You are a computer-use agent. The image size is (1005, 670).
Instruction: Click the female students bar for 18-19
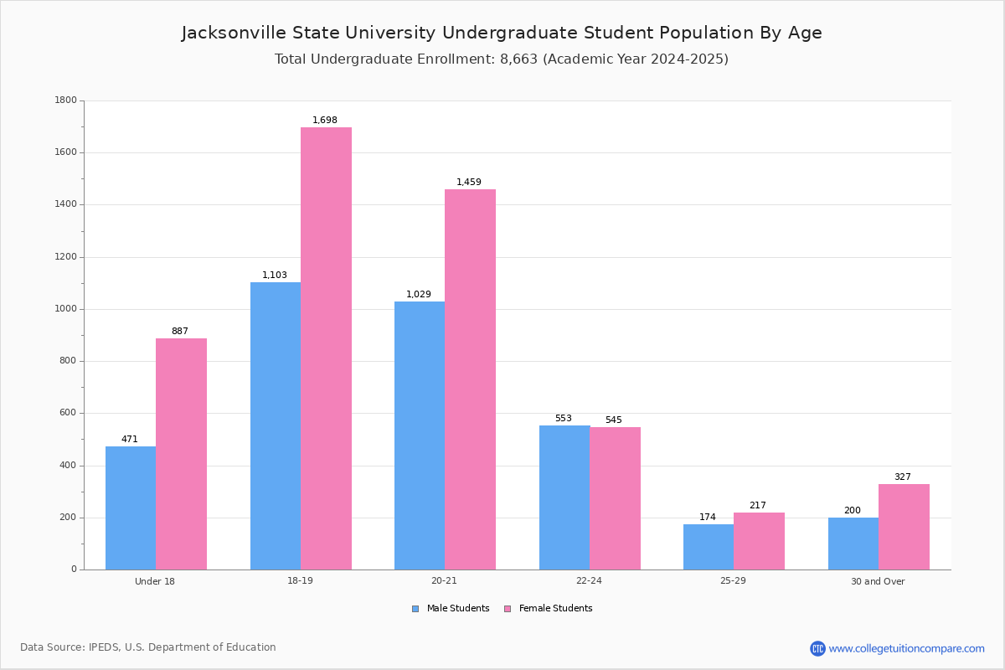tap(326, 348)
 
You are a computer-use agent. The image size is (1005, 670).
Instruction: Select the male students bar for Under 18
tap(131, 508)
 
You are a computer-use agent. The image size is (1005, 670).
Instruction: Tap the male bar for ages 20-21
tap(420, 435)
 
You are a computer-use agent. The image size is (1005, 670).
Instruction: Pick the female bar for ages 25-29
tap(759, 541)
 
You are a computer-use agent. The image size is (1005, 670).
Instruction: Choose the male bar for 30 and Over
tap(853, 544)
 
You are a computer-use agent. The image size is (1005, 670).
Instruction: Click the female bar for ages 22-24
tap(615, 498)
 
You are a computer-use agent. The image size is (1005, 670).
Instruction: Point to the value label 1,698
tap(325, 120)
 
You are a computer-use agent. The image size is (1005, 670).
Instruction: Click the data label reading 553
tap(564, 418)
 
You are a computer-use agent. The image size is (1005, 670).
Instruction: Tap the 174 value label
tap(708, 517)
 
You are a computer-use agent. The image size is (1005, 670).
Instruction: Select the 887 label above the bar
tap(180, 331)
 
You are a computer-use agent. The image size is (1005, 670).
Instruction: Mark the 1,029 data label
tap(419, 294)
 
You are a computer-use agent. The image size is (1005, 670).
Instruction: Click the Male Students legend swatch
tap(415, 609)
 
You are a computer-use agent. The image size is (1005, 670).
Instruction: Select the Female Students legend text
tap(555, 608)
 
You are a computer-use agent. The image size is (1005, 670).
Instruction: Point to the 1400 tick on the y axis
tap(66, 204)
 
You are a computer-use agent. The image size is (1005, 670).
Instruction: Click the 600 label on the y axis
tap(68, 413)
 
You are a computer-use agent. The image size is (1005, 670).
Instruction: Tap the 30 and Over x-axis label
tap(878, 581)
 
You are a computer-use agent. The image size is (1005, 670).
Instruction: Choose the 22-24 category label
tap(589, 580)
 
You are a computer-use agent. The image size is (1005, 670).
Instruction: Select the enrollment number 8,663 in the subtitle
tap(518, 59)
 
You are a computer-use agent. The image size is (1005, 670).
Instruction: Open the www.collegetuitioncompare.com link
tap(906, 648)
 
